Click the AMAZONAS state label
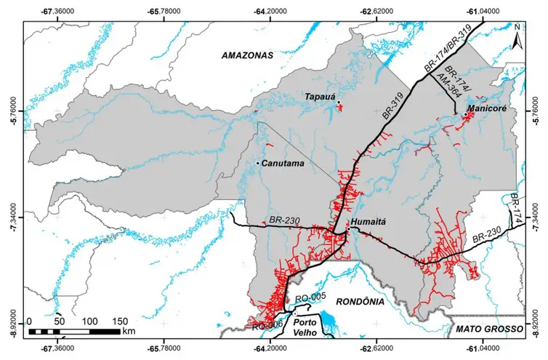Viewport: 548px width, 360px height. [x=246, y=55]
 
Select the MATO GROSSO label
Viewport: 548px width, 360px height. [x=490, y=329]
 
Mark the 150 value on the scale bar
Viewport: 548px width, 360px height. [x=120, y=321]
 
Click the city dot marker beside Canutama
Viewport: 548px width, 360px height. [x=257, y=163]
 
